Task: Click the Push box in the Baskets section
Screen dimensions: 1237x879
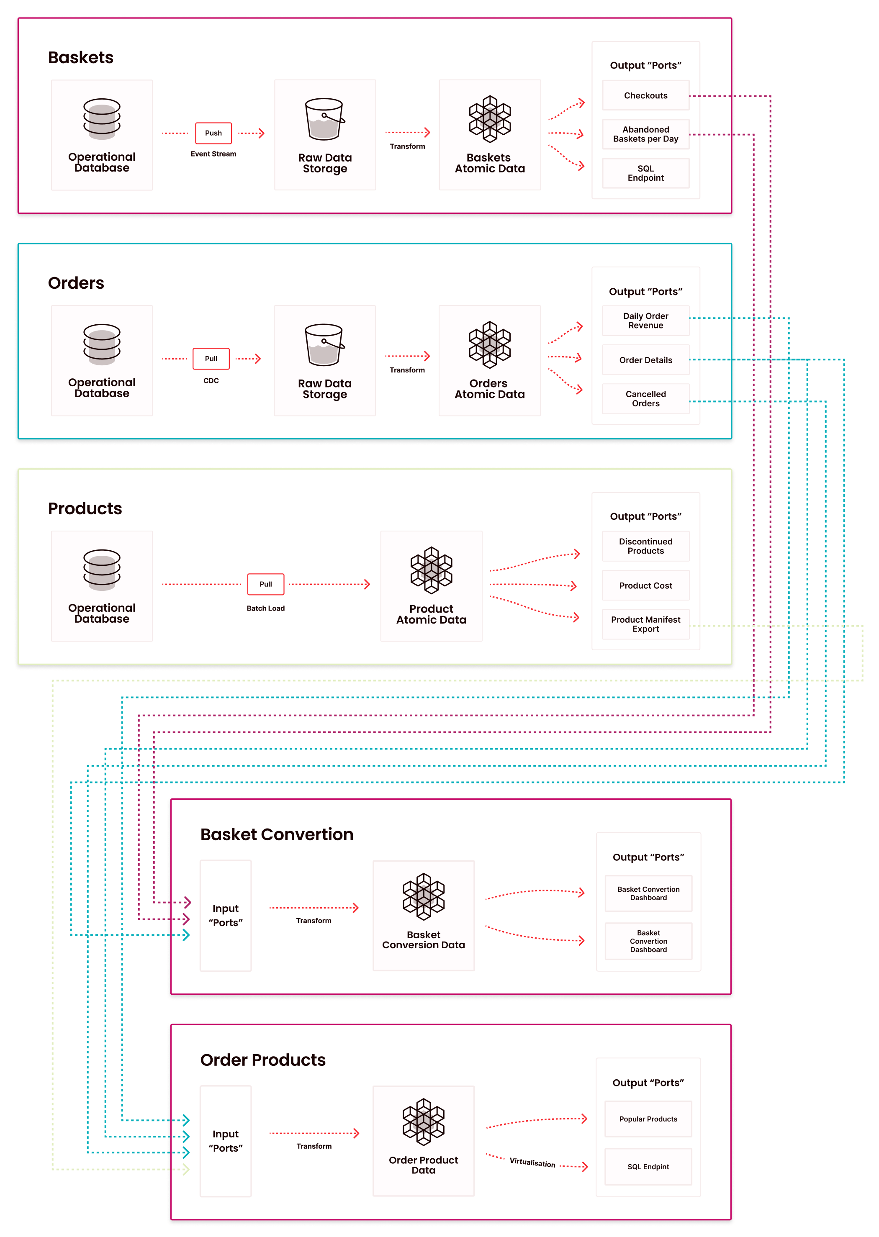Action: coord(213,133)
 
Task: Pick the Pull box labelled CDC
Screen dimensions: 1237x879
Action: coord(211,359)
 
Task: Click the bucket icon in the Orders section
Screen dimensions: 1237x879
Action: coord(324,345)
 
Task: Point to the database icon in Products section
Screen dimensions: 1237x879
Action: coord(102,570)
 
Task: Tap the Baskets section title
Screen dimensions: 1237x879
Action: coord(81,57)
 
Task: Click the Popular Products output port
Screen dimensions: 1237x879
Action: coord(648,1119)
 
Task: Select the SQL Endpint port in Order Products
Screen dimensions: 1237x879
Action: coord(648,1167)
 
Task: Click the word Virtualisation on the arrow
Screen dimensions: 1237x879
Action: coord(532,1163)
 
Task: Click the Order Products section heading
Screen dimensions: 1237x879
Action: coord(263,1060)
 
